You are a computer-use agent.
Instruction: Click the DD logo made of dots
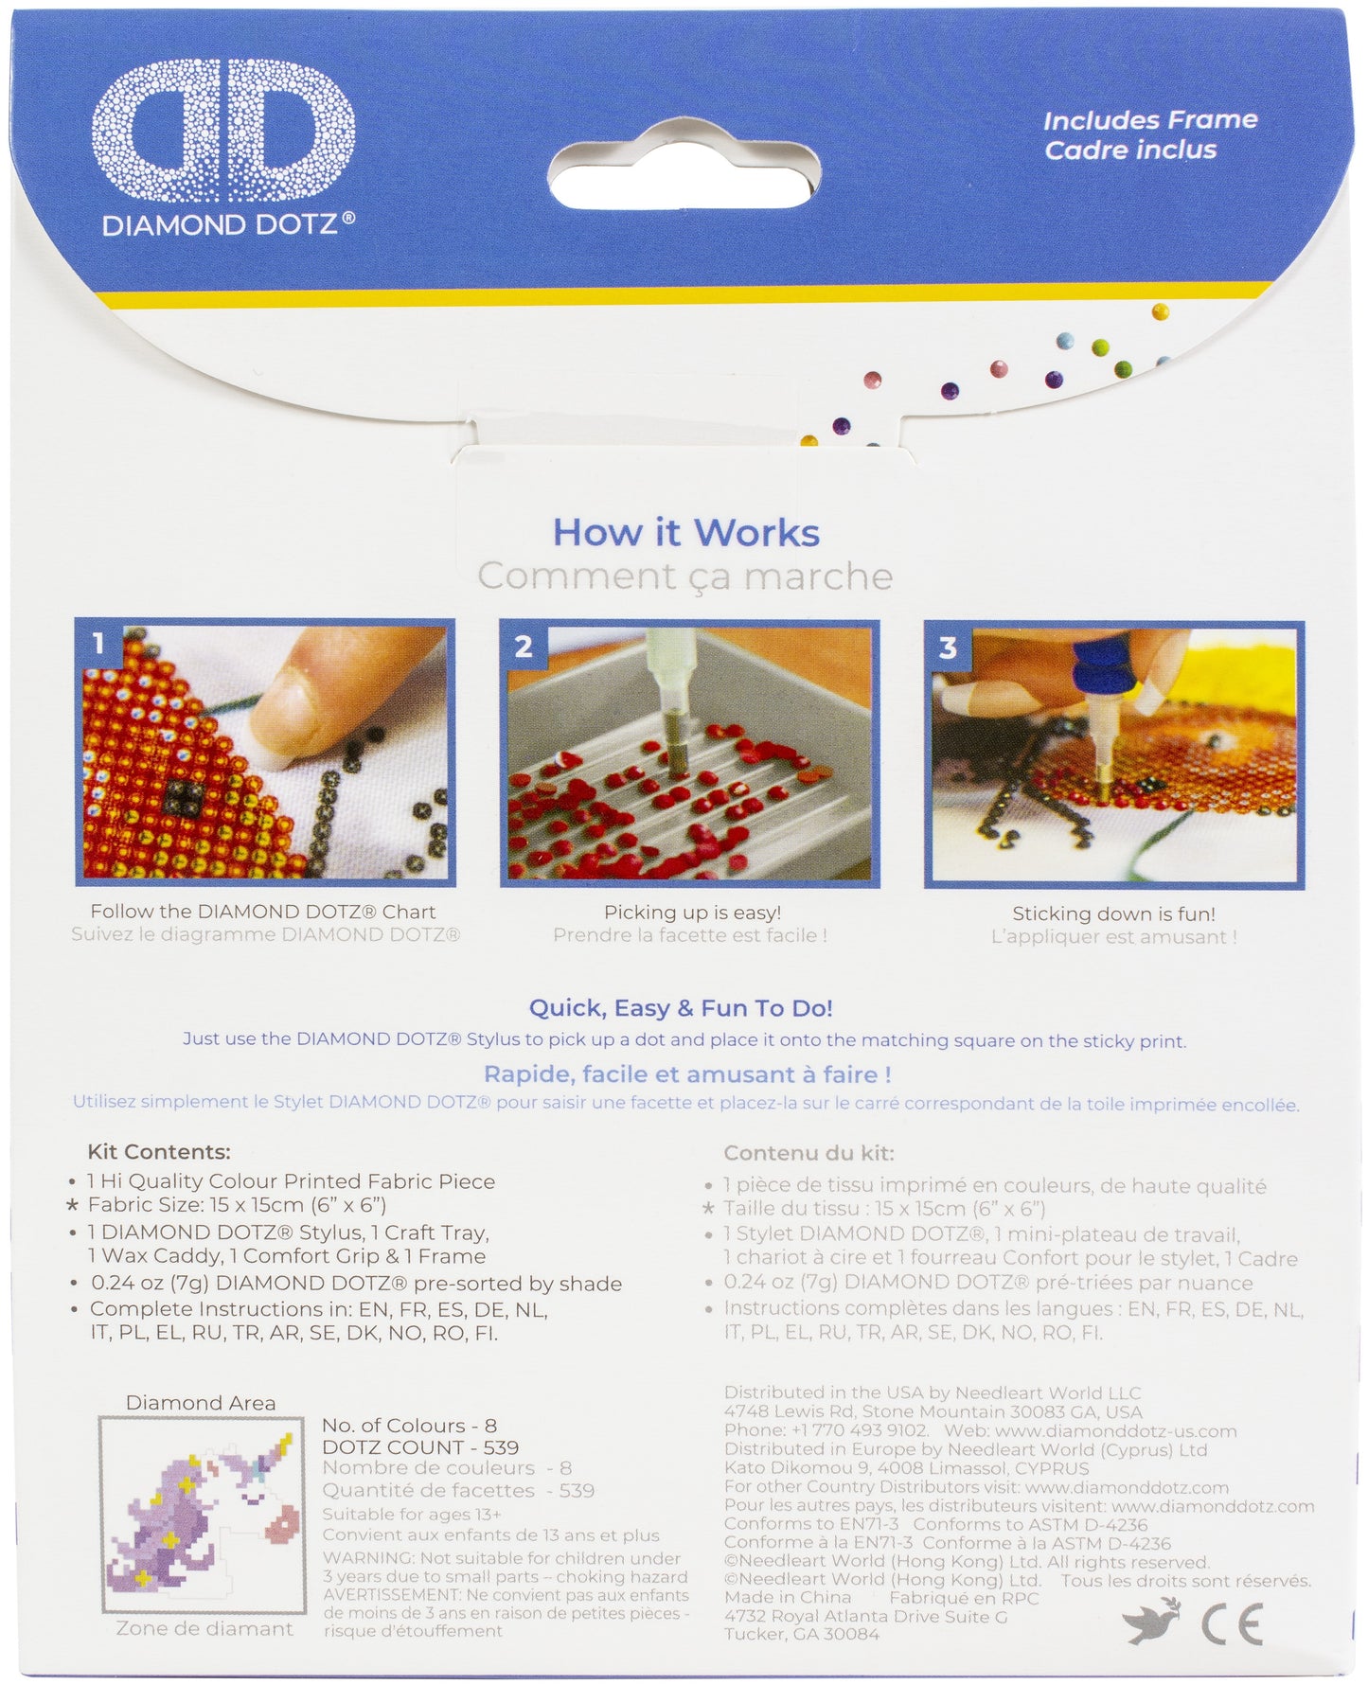click(223, 131)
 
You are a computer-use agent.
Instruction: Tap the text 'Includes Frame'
click(1150, 120)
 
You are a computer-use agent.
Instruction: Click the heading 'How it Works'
click(686, 532)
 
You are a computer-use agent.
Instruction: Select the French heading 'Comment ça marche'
click(685, 576)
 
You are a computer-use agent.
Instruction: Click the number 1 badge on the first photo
click(98, 644)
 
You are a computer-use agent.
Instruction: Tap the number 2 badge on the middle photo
click(524, 646)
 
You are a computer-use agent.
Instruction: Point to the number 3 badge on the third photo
click(948, 647)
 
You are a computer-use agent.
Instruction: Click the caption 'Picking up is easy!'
click(693, 913)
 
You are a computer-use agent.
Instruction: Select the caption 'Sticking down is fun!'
click(1114, 913)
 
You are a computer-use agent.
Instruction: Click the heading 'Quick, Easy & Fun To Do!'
click(681, 1008)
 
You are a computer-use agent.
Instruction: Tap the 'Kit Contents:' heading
click(159, 1152)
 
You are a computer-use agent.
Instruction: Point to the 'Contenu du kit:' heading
click(808, 1153)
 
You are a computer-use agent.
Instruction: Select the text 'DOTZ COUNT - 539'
click(420, 1447)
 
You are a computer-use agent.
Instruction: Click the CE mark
click(1232, 1624)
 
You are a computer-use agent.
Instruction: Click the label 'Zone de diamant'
click(204, 1629)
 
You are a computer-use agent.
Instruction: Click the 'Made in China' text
click(788, 1598)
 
